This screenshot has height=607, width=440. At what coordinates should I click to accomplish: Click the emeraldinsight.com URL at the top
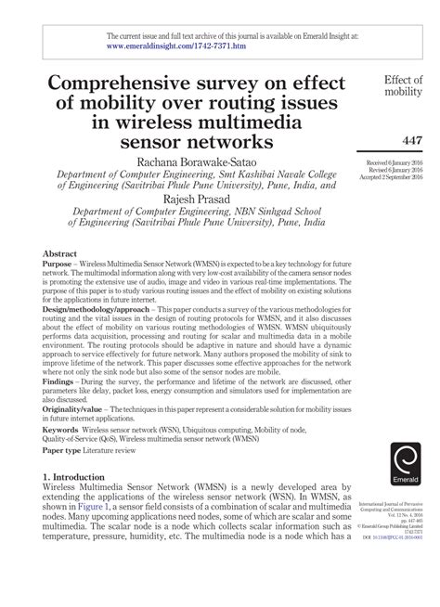pyautogui.click(x=177, y=43)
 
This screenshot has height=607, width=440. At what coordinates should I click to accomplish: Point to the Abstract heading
pyautogui.click(x=59, y=253)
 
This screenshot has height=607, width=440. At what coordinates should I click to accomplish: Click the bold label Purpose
pyautogui.click(x=60, y=265)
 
